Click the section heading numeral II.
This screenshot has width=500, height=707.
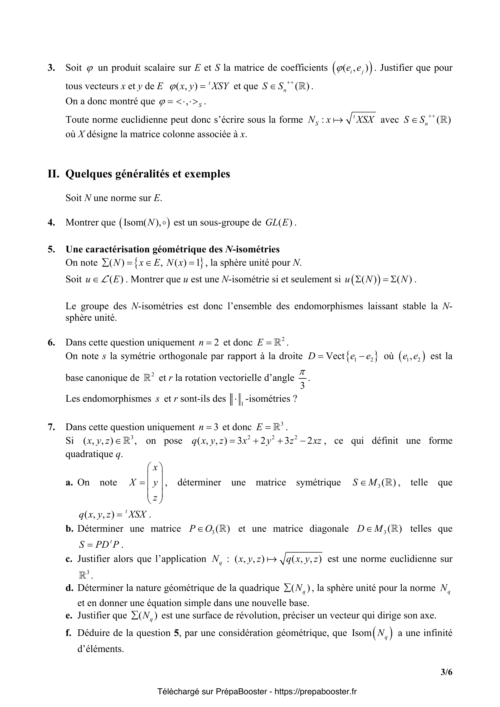coord(53,174)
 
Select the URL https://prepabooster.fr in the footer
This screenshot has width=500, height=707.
coord(315,692)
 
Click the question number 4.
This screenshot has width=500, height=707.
coord(51,222)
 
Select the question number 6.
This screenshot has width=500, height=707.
coord(51,342)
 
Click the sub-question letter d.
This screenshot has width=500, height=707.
coord(69,588)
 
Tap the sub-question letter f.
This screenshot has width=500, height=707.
coord(68,633)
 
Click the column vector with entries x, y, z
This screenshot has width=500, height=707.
coord(155,482)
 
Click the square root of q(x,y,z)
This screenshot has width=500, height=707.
coord(300,559)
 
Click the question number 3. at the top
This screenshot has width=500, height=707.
coord(51,68)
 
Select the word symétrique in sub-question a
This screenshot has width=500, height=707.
coord(318,482)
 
